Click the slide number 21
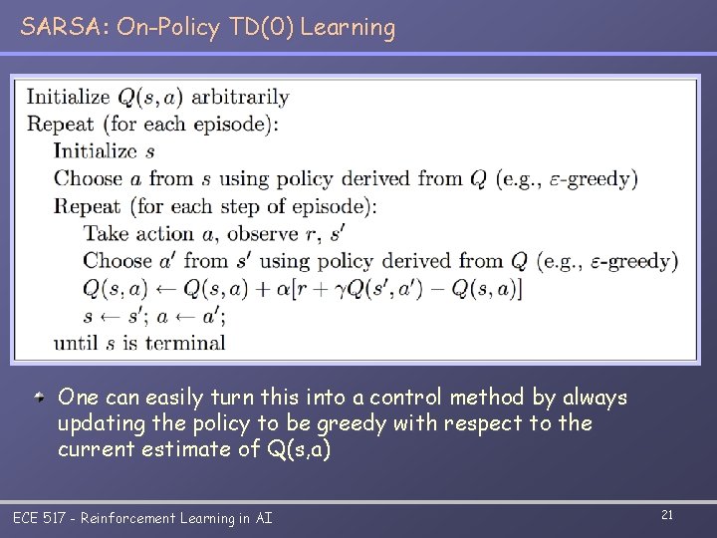click(x=667, y=514)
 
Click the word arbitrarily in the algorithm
click(x=240, y=97)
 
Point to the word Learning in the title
click(x=348, y=28)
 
